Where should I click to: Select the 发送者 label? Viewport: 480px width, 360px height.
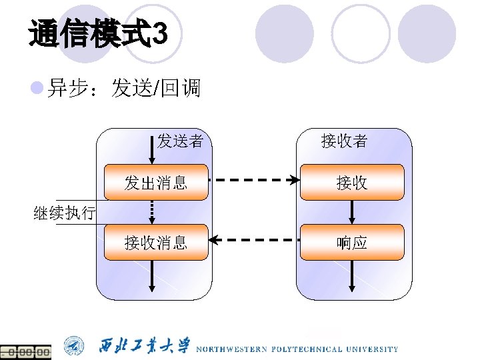tap(180, 141)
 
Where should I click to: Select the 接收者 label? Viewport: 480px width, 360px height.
tap(344, 141)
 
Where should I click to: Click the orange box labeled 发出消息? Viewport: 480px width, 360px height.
tap(156, 182)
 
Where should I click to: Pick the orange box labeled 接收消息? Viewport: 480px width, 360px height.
tap(156, 242)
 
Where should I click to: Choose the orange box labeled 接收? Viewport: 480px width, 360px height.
tap(352, 182)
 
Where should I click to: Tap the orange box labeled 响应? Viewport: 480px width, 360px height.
tap(352, 242)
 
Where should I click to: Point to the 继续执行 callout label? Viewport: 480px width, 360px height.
tap(65, 213)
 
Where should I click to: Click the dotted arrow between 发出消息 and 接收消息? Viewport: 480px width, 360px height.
tap(152, 212)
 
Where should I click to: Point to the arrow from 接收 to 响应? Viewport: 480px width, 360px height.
tap(352, 212)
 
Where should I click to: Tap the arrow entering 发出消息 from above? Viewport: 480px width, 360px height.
tap(152, 150)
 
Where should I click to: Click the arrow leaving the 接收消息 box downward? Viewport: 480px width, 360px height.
tap(152, 275)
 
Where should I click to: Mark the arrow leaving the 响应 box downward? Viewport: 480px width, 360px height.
tap(352, 275)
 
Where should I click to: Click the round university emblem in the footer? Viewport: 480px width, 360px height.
tap(75, 347)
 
